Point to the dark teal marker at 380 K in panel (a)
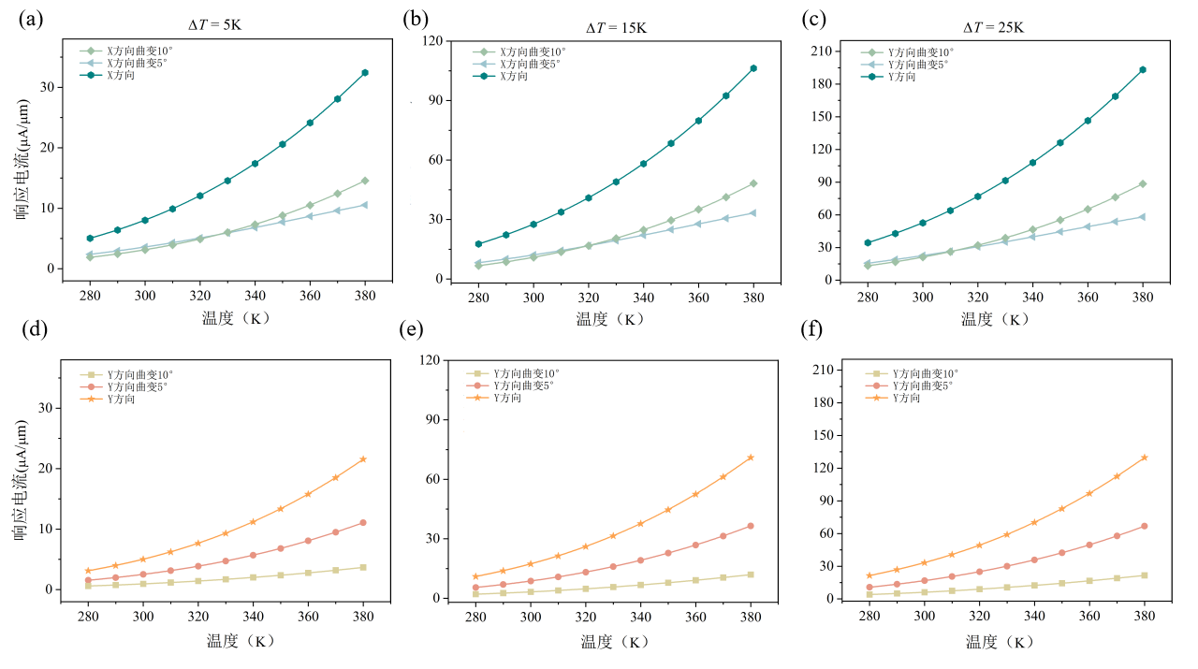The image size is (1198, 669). click(365, 72)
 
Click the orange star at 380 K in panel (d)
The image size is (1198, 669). click(363, 458)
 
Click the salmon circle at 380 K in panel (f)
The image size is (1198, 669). click(1144, 526)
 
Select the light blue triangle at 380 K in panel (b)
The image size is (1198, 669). click(752, 212)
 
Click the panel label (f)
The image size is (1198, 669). click(811, 330)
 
